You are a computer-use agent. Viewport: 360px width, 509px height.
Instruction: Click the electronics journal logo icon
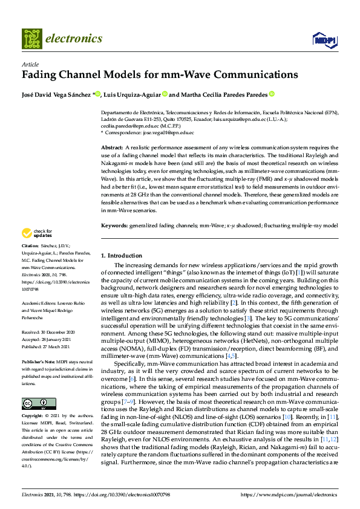(x=31, y=38)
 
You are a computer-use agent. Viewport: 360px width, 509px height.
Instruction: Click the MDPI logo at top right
(x=324, y=40)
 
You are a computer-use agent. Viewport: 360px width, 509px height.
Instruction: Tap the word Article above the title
(x=30, y=63)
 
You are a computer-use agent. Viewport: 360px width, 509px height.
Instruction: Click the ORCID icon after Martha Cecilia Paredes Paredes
(x=272, y=94)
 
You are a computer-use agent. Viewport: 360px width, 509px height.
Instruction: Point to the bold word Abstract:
(x=112, y=147)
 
